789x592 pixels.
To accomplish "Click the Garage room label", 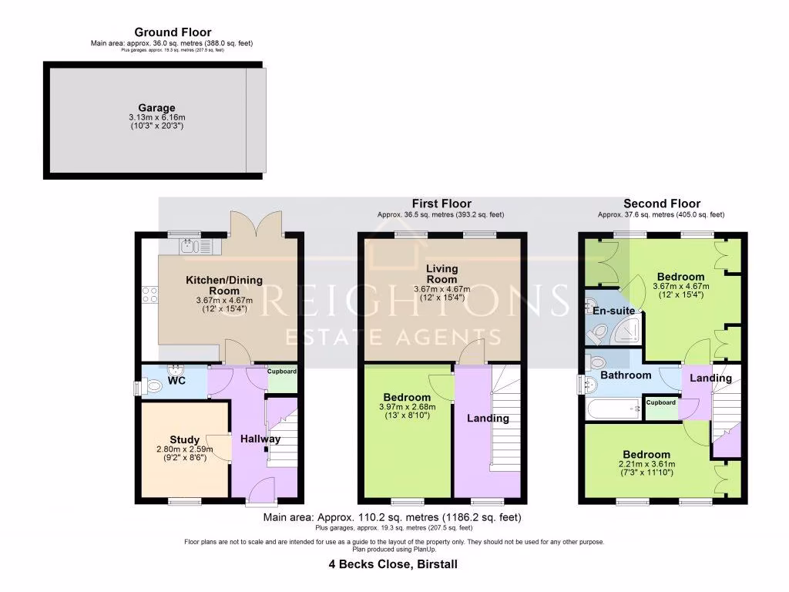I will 156,108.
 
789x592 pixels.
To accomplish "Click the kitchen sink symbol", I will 189,246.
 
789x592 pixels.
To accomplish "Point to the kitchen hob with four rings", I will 149,294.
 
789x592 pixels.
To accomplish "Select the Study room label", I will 184,440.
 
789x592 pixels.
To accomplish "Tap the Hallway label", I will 260,439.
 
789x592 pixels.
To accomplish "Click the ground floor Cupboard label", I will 281,372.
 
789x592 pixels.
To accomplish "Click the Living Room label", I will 442,274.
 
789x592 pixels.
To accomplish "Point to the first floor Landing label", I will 488,419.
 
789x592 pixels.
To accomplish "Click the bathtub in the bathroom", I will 613,409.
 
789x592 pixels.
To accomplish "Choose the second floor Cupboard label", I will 660,402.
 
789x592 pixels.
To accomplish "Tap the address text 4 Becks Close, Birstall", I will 394,564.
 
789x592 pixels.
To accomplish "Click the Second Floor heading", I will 661,203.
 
